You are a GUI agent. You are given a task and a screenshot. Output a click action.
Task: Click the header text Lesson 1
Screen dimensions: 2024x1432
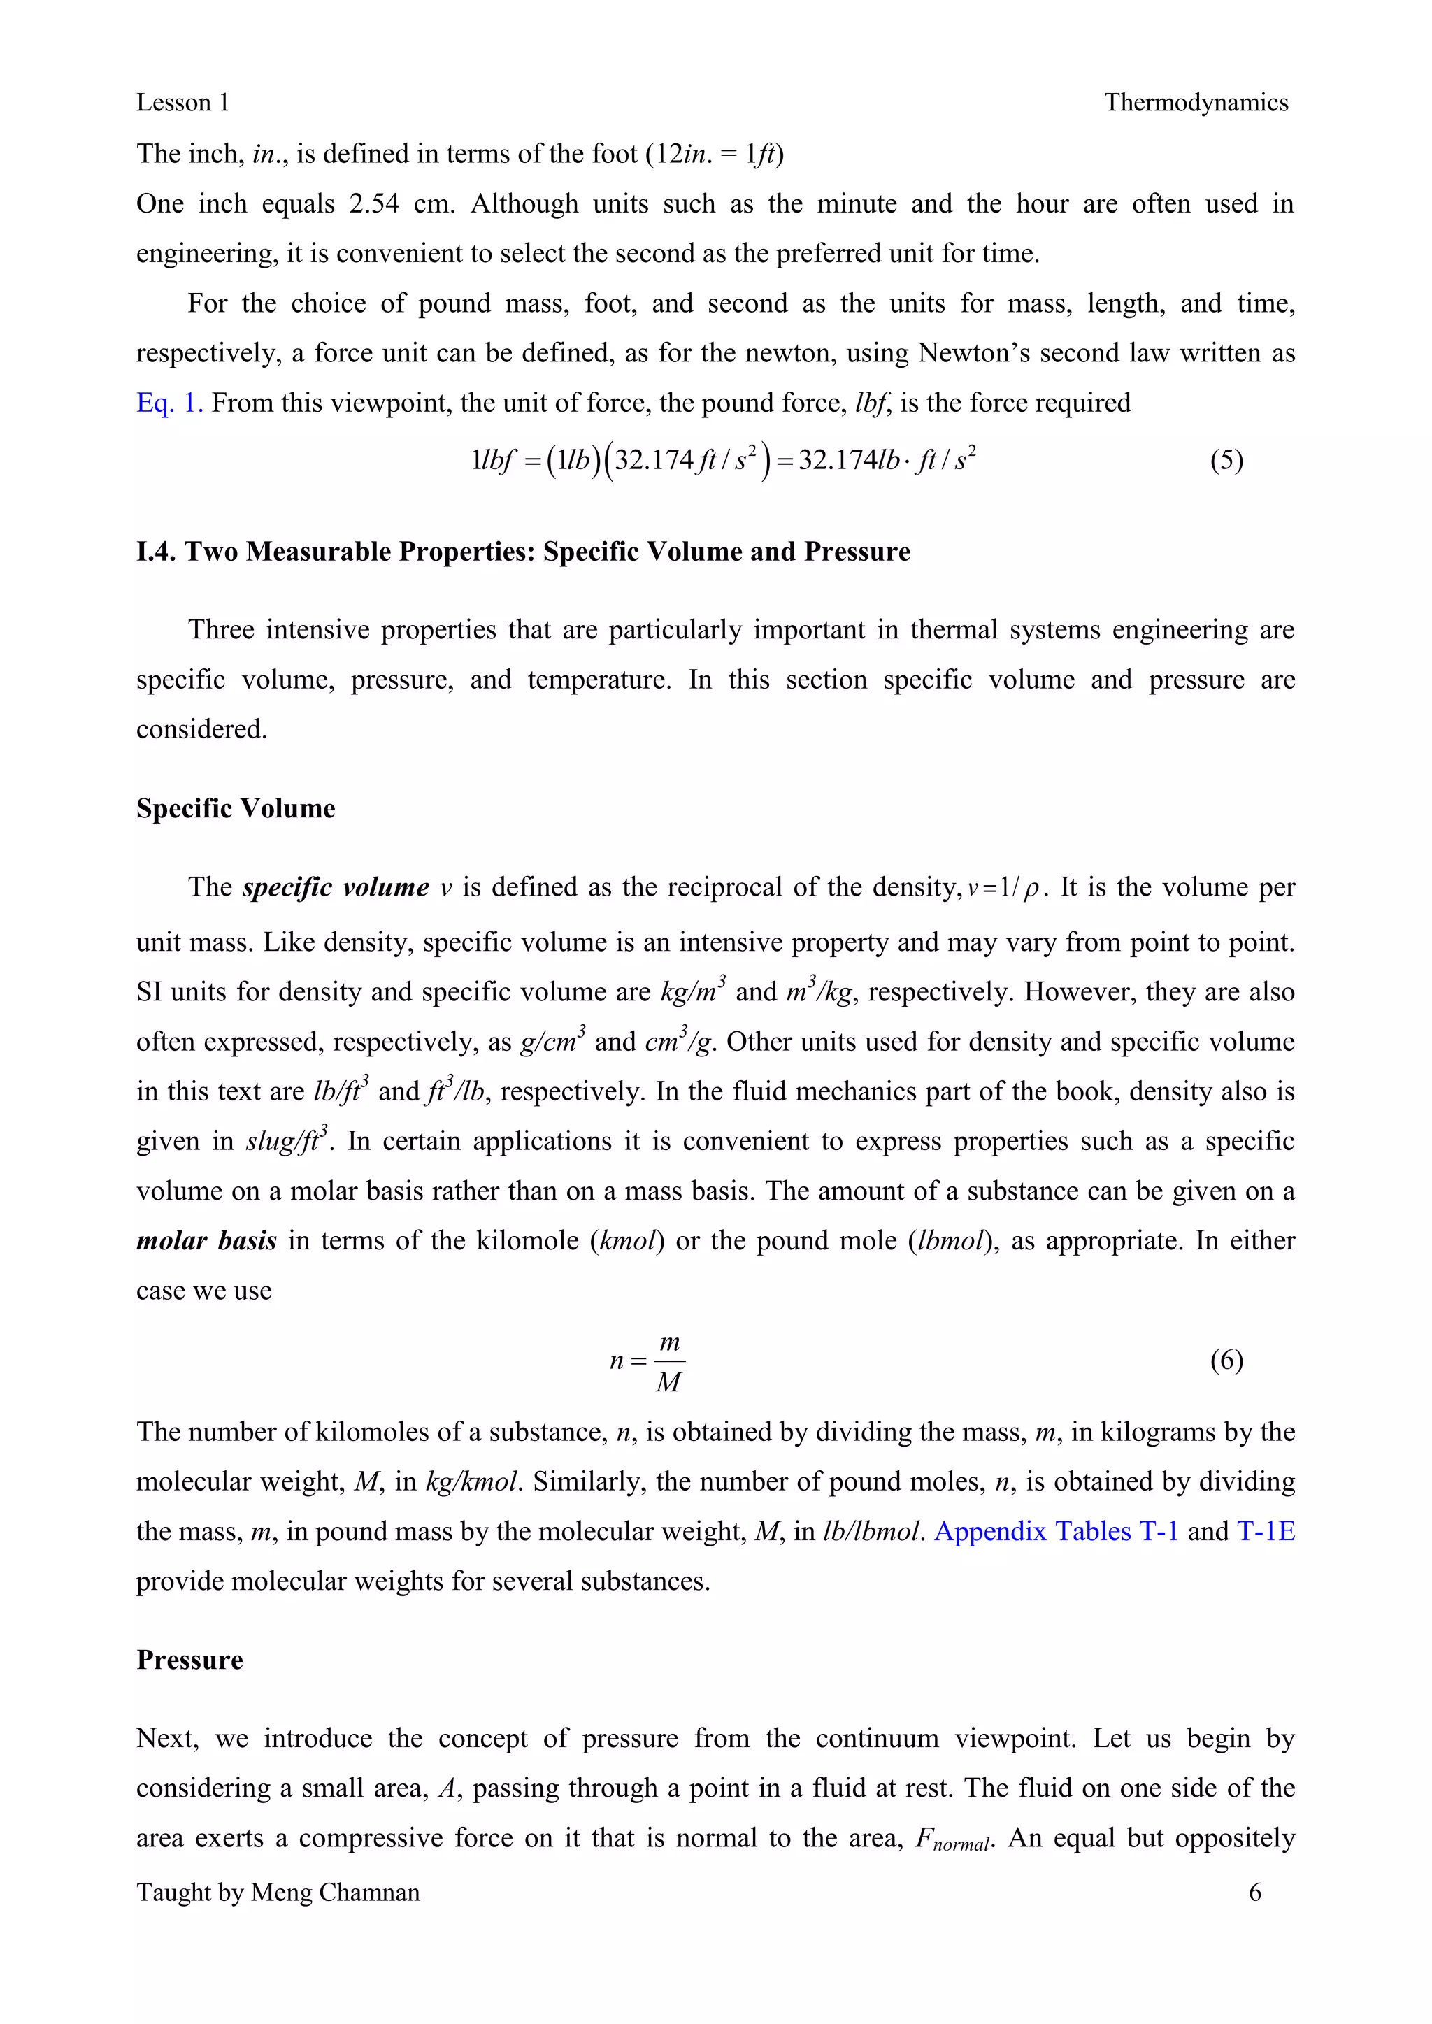(x=182, y=103)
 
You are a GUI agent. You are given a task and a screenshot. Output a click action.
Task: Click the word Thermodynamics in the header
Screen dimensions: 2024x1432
(x=1196, y=103)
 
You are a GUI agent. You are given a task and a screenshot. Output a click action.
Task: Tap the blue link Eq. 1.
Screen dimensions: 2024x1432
(x=169, y=403)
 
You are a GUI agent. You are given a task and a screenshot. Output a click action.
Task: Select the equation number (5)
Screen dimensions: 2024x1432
(x=1226, y=460)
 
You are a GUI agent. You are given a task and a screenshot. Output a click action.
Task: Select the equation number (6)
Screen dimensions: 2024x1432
(x=1226, y=1361)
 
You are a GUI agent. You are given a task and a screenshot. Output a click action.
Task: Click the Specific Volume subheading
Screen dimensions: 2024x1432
(x=236, y=808)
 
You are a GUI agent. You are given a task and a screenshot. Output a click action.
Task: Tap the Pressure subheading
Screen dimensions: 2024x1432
(x=189, y=1660)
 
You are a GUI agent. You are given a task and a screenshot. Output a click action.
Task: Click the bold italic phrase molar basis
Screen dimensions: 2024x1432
(x=206, y=1241)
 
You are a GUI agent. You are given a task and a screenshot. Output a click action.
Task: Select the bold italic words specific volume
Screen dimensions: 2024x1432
(x=335, y=887)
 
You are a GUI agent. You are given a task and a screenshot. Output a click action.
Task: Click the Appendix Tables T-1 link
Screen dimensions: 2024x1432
(x=1056, y=1531)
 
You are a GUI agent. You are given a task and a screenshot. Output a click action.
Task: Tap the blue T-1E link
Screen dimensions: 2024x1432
(x=1266, y=1531)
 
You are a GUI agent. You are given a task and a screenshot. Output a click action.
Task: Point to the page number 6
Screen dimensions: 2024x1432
(x=1255, y=1893)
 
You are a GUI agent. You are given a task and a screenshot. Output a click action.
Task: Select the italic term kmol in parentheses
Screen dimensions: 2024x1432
(x=627, y=1241)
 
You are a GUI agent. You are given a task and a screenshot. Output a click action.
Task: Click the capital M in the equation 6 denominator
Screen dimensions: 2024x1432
(x=668, y=1382)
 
